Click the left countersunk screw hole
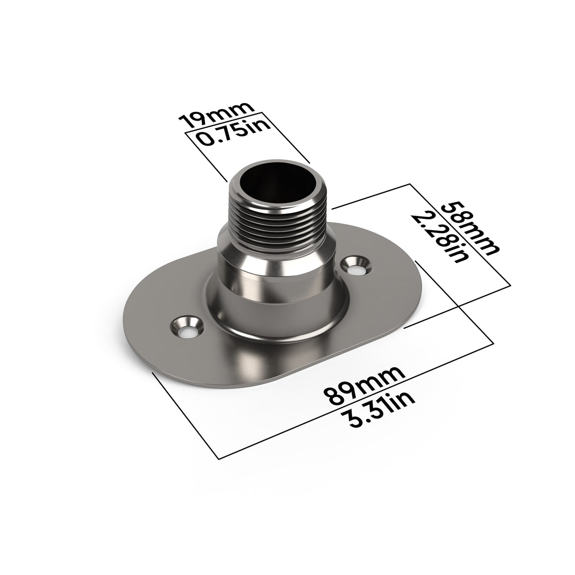pyautogui.click(x=186, y=327)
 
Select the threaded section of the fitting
pyautogui.click(x=281, y=219)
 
